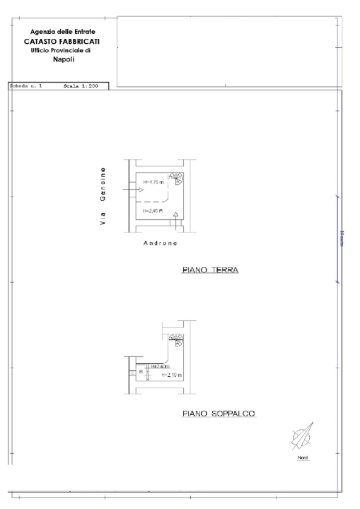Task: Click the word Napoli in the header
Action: coord(64,59)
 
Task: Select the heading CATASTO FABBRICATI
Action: coord(64,41)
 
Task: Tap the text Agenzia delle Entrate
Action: coord(64,32)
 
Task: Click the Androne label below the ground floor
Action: coord(160,243)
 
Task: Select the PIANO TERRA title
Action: coord(210,271)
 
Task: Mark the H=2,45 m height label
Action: coord(153,211)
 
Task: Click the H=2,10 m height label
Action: coord(171,375)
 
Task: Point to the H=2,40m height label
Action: coord(159,366)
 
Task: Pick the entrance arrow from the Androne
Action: coord(176,216)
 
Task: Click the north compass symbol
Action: coord(303,437)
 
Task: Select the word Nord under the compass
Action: coord(303,457)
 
